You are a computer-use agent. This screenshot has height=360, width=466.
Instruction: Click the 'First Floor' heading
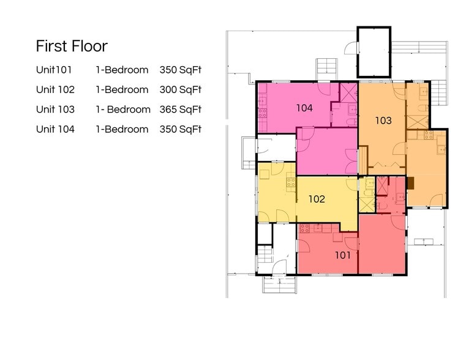point(72,47)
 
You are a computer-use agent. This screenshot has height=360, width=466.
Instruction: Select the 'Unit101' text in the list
point(55,70)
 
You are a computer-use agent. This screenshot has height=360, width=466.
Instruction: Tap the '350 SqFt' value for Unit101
point(181,70)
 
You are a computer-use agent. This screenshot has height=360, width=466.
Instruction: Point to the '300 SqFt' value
point(181,90)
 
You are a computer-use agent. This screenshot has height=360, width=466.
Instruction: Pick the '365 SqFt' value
point(181,110)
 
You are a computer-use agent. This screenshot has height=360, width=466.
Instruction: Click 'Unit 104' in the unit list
point(55,129)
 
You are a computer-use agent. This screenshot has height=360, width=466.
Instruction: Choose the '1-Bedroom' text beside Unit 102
point(122,90)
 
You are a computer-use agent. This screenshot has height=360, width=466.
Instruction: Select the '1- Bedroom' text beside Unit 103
point(122,110)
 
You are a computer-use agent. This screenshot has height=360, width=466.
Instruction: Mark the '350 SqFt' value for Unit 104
point(181,129)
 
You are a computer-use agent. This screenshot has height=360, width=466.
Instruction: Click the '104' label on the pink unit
point(304,108)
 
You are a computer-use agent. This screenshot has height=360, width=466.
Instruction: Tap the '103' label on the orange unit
point(383,121)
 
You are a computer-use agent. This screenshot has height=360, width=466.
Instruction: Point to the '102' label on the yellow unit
point(317,199)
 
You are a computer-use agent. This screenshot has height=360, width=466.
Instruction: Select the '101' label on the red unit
point(343,255)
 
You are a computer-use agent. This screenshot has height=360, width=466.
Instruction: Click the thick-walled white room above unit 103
point(374,51)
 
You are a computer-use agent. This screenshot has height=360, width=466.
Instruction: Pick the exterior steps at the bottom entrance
point(280,285)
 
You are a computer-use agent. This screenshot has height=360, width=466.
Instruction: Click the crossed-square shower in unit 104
point(348,92)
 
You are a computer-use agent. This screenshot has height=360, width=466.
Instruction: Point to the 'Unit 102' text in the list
point(55,90)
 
